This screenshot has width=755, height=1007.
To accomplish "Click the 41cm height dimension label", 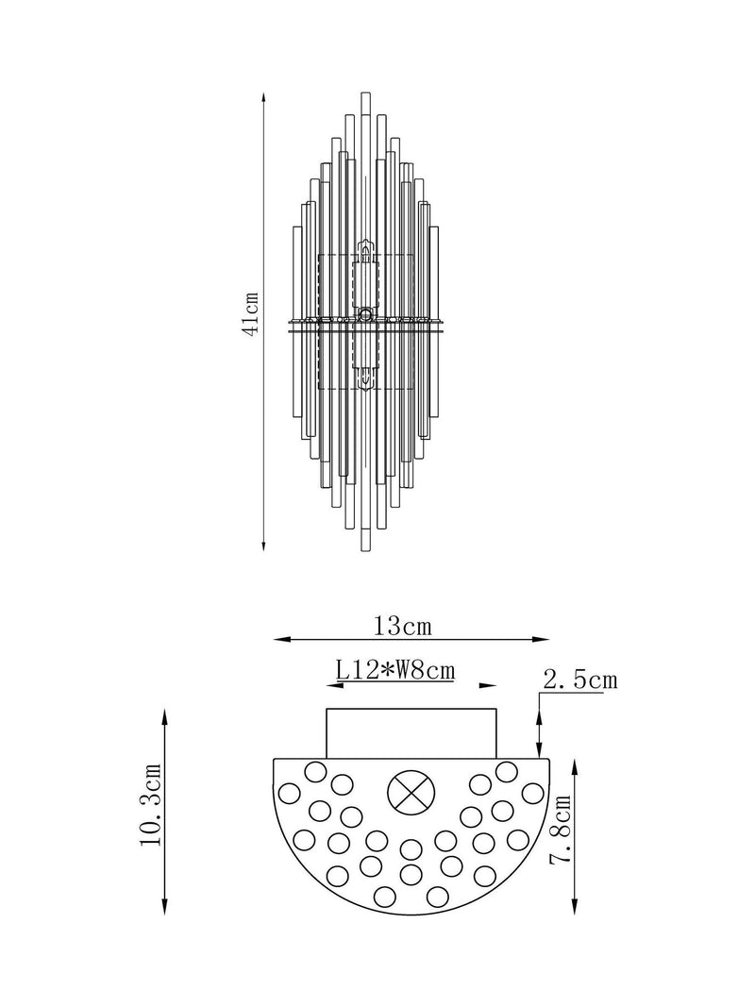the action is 251,312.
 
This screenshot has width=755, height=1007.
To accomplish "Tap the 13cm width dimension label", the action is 403,626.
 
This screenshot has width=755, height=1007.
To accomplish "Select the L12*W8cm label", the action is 395,670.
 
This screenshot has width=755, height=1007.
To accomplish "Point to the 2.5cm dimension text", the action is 580,680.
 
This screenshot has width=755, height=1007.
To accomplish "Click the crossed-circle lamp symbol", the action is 411,791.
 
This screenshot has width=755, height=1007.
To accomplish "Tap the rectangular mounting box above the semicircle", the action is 411,733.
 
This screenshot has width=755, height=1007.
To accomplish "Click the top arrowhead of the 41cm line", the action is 264,97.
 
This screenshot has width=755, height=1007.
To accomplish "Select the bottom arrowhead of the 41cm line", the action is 264,545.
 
